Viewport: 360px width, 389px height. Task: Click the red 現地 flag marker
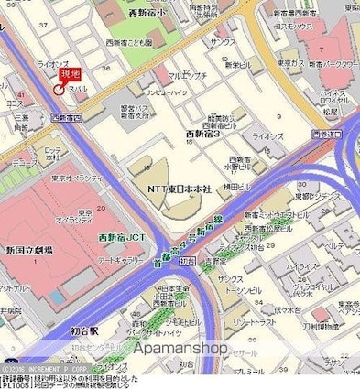pyautogui.click(x=70, y=73)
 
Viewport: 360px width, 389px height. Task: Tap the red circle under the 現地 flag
pyautogui.click(x=60, y=90)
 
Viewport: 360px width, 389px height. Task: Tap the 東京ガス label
pyautogui.click(x=291, y=64)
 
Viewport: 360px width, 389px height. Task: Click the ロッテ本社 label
pyautogui.click(x=53, y=154)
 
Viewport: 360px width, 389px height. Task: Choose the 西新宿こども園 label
pyautogui.click(x=127, y=42)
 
